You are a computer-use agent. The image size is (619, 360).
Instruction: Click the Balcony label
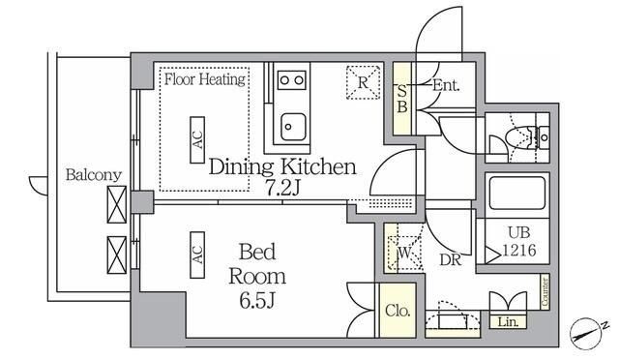pos(94,174)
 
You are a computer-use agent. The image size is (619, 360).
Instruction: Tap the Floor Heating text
pos(205,79)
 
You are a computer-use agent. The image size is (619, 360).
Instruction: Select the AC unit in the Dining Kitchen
pos(197,140)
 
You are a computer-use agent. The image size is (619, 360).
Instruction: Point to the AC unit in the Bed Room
pos(197,255)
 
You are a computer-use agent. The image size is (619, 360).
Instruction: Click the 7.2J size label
pos(282,188)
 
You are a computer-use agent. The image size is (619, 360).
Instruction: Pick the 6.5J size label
pos(257,302)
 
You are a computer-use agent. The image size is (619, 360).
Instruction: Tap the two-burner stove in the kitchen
pos(292,80)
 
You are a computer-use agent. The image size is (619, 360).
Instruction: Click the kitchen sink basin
pos(293,127)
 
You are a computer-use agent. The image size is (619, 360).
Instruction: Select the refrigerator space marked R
pos(364,82)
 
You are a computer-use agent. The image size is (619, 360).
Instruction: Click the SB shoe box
pos(402,99)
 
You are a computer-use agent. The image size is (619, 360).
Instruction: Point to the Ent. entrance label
pos(446,85)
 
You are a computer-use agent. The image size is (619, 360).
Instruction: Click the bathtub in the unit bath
pos(517,194)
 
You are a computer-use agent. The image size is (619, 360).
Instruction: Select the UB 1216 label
pos(519,241)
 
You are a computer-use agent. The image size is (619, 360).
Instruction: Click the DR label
pos(451,259)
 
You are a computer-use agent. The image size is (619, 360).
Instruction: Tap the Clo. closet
pos(398,311)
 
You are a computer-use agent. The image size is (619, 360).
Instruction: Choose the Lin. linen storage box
pos(508,322)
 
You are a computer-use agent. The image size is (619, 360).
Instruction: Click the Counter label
pos(545,291)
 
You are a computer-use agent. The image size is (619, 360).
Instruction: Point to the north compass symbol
pos(587,333)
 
